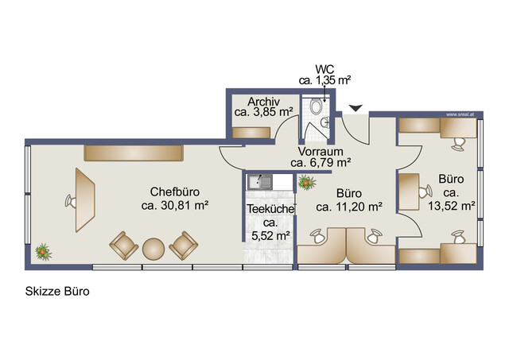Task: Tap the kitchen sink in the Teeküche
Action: tap(260, 182)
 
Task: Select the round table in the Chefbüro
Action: tap(153, 249)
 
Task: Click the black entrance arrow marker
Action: tap(356, 108)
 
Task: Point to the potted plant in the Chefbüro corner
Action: tap(43, 252)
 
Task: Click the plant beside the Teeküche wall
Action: tap(306, 183)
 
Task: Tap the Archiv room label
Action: tap(263, 102)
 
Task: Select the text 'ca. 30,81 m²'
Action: tap(175, 206)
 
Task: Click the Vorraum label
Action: tap(321, 152)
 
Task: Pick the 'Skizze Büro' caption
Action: tap(57, 292)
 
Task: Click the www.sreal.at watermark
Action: tap(460, 114)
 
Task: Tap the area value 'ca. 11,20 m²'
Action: tap(349, 207)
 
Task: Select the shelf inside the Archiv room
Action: tap(251, 133)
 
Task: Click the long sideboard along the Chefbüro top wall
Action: tap(134, 153)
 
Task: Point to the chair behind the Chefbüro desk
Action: tap(71, 201)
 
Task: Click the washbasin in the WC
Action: tap(325, 122)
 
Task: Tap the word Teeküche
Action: tap(270, 209)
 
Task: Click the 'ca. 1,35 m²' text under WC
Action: tap(325, 80)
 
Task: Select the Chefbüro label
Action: tap(175, 192)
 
